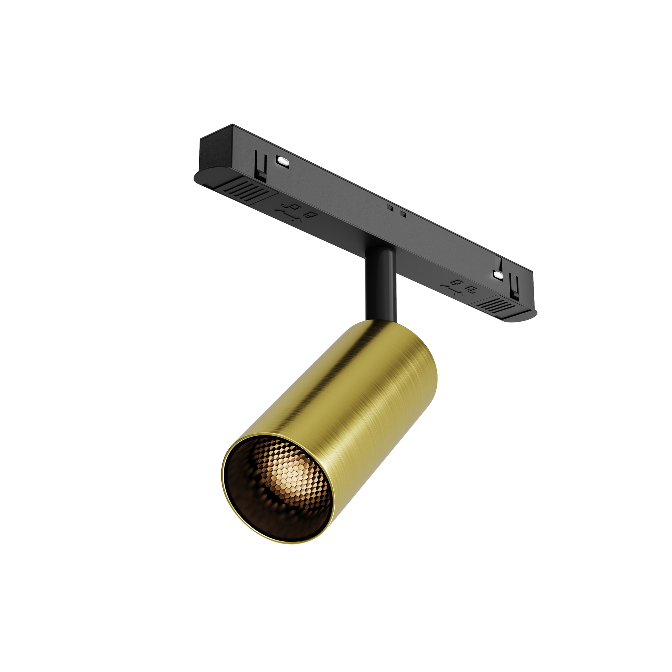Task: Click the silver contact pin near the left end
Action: tap(283, 161)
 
